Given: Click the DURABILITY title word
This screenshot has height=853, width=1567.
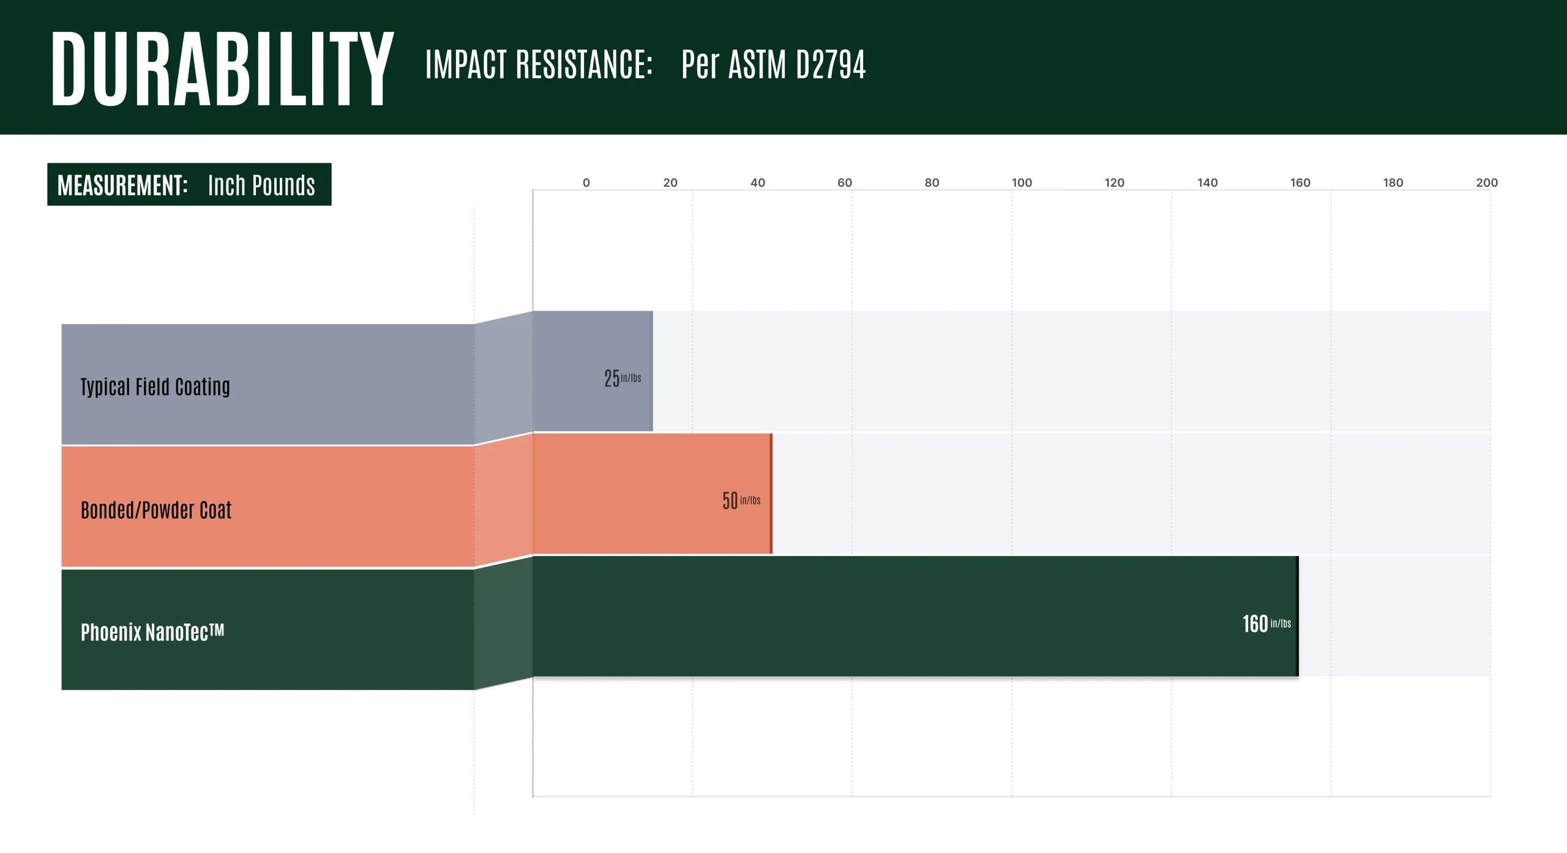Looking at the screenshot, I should pos(222,69).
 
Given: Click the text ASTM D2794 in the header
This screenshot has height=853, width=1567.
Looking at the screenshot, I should pos(796,64).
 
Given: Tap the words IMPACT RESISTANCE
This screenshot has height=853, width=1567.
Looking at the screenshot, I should pos(539,64).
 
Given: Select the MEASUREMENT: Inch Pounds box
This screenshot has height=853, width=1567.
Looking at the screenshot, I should pos(189,184).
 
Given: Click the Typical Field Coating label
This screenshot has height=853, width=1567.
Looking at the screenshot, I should pos(155,387).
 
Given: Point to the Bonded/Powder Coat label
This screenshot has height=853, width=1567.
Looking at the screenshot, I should pos(156,510).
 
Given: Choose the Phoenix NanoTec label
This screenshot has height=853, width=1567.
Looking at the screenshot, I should pos(152,632).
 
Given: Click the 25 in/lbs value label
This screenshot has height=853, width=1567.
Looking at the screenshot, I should pos(623,378).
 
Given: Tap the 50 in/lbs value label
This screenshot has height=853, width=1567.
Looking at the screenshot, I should pos(741,501).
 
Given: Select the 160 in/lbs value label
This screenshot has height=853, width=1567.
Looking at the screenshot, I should pos(1266,624).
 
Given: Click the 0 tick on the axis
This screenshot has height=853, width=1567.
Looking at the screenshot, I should pos(586,182).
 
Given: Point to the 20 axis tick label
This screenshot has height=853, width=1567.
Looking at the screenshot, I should pos(670,182).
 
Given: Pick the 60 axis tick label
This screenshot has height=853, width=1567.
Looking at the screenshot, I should pos(845,182).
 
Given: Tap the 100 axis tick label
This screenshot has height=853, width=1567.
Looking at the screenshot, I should pos(1022,182).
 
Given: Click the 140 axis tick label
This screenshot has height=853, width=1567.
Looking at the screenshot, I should pos(1207,182).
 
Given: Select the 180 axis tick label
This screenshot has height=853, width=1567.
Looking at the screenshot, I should pos(1393,182).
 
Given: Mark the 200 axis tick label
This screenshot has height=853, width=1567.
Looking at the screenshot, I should pos(1487,182).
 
